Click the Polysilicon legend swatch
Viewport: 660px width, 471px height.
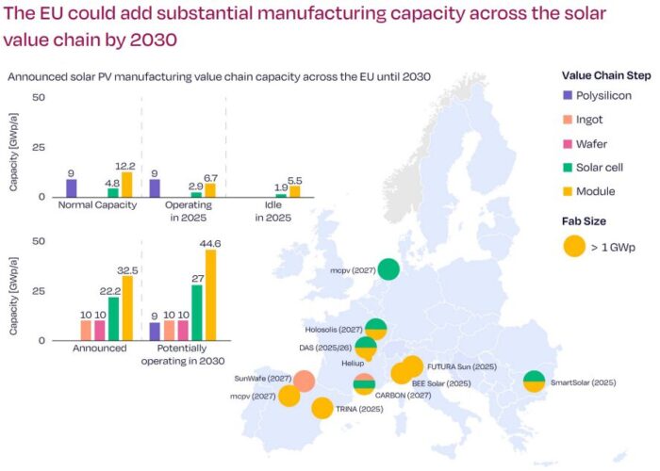tap(568, 95)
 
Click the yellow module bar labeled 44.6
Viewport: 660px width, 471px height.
tap(210, 294)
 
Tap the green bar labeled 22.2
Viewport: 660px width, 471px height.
tap(113, 317)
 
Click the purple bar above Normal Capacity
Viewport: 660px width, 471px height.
tap(71, 187)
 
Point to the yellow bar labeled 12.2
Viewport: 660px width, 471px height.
tap(126, 184)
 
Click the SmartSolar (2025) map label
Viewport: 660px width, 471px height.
tap(583, 383)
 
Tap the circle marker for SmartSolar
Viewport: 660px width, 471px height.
tap(534, 381)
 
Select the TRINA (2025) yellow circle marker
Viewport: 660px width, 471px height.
tap(322, 408)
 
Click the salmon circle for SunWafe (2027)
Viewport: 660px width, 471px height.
tap(304, 381)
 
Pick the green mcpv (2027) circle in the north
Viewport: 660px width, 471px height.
tap(388, 270)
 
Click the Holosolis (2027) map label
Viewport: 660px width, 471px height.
tap(334, 330)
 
